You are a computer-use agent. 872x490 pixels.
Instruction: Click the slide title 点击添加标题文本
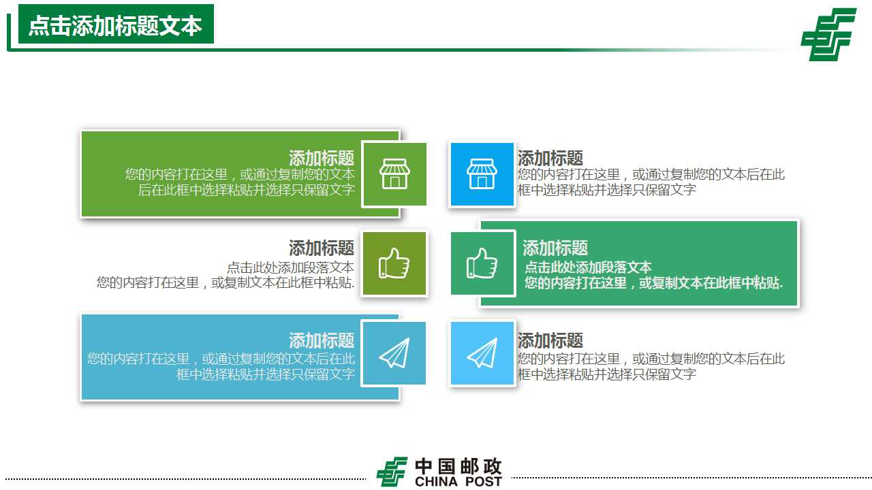point(115,25)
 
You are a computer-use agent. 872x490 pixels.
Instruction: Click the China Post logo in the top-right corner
point(828,34)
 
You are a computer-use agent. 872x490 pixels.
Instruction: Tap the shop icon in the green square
point(394,174)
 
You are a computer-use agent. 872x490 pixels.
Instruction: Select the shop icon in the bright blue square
point(482,174)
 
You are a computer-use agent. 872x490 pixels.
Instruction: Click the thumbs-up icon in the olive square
point(394,263)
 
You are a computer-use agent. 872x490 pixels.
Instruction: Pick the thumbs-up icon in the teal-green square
point(482,263)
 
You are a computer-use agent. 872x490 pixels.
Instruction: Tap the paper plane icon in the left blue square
point(394,353)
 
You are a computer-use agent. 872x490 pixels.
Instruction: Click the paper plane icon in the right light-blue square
point(482,353)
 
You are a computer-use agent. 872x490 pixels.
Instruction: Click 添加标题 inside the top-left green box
point(322,159)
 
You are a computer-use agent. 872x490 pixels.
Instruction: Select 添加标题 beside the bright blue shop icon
point(550,159)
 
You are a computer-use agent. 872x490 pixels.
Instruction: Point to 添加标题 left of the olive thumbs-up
point(322,248)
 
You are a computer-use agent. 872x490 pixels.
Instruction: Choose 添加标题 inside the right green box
point(555,248)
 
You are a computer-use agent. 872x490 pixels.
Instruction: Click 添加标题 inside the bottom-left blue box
point(322,340)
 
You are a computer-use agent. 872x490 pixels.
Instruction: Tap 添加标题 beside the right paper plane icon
point(550,340)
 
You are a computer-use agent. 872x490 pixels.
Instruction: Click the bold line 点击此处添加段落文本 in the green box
point(588,267)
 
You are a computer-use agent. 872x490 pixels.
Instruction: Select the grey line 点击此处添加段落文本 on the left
point(290,267)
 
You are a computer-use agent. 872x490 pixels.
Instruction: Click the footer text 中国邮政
point(458,466)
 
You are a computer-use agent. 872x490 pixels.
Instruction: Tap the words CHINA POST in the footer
point(458,482)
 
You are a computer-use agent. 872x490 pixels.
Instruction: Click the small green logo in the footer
point(392,472)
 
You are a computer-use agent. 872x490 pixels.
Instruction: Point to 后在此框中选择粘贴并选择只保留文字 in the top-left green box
point(247,190)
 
